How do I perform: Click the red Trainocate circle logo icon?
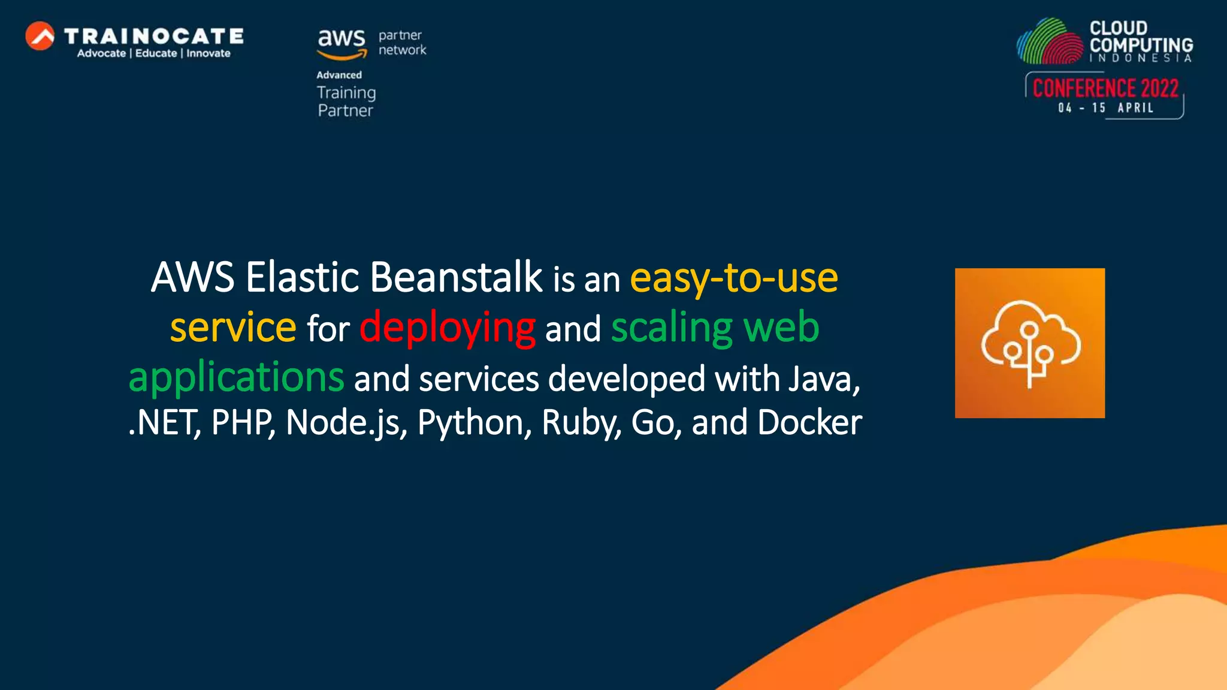pyautogui.click(x=40, y=36)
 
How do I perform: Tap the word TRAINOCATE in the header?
pyautogui.click(x=154, y=36)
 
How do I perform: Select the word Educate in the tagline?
pyautogui.click(x=156, y=53)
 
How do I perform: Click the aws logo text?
pyautogui.click(x=341, y=40)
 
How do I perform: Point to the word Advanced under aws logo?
pyautogui.click(x=339, y=75)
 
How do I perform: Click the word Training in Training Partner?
pyautogui.click(x=346, y=93)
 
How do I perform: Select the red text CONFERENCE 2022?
pyautogui.click(x=1105, y=89)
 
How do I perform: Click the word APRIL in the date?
pyautogui.click(x=1135, y=108)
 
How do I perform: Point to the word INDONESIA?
pyautogui.click(x=1140, y=58)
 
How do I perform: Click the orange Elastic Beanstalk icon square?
pyautogui.click(x=1029, y=343)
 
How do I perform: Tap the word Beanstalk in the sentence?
pyautogui.click(x=456, y=277)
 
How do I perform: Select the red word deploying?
pyautogui.click(x=447, y=328)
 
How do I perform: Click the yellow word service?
pyautogui.click(x=233, y=328)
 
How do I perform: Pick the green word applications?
pyautogui.click(x=236, y=377)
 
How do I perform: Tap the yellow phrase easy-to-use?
pyautogui.click(x=733, y=278)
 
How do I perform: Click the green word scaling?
pyautogui.click(x=672, y=328)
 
